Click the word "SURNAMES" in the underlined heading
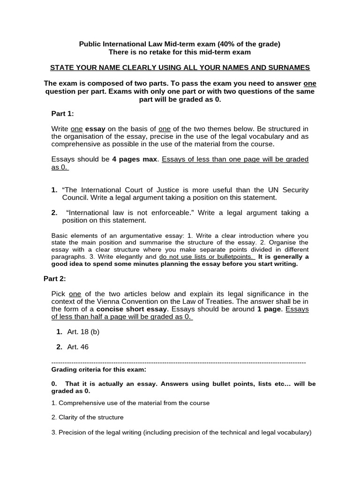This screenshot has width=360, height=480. (290, 67)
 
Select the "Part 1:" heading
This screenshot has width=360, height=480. (62, 114)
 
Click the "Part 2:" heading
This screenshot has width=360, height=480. (55, 278)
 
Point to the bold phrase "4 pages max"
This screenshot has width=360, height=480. (135, 159)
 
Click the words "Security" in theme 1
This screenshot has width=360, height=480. (294, 190)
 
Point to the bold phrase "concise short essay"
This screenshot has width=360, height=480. (131, 309)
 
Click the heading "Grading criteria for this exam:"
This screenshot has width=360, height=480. (98, 370)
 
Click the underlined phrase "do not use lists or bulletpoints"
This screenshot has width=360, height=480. (206, 257)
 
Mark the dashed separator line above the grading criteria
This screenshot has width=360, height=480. (178, 363)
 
